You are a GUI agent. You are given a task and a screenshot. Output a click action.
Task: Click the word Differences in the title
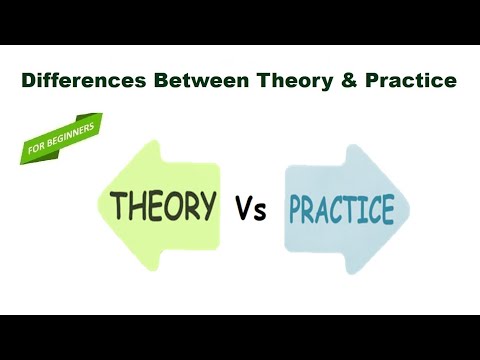(x=83, y=79)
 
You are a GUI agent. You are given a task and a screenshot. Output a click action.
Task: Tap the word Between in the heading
(x=189, y=79)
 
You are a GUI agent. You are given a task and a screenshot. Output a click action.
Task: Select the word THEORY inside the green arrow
(x=164, y=206)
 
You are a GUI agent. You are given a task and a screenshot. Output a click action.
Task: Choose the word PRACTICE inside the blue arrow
(x=341, y=211)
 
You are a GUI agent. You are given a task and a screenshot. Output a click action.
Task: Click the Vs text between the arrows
(x=251, y=210)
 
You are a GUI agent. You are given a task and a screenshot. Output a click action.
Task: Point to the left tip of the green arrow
(x=96, y=207)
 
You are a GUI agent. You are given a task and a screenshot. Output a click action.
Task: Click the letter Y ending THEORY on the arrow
(x=207, y=205)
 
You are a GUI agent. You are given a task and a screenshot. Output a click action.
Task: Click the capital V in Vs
(x=244, y=210)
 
